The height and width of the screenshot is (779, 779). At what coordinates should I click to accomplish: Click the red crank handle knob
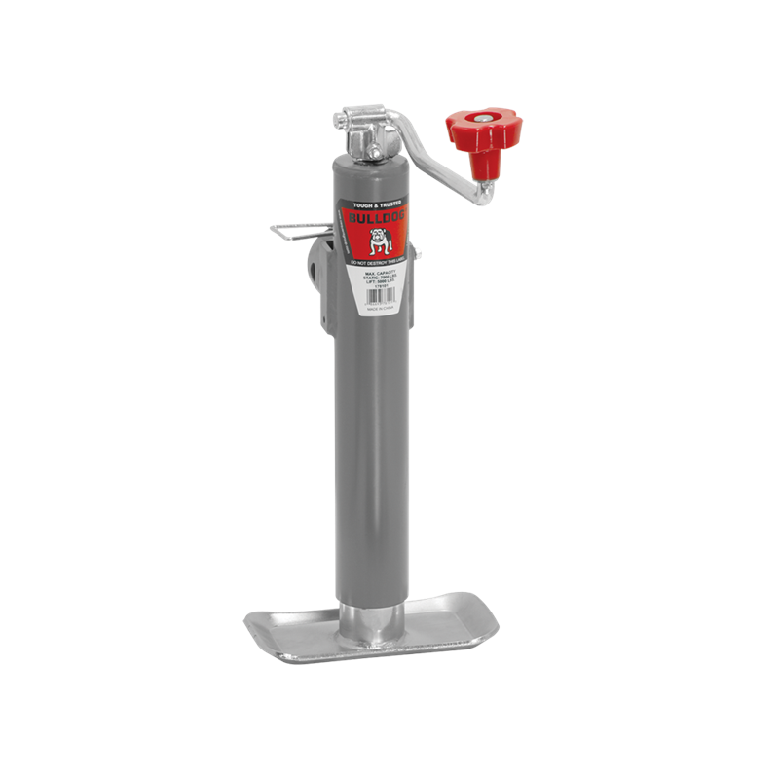tap(484, 130)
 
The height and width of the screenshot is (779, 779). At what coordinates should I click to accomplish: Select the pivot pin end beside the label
tap(418, 255)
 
